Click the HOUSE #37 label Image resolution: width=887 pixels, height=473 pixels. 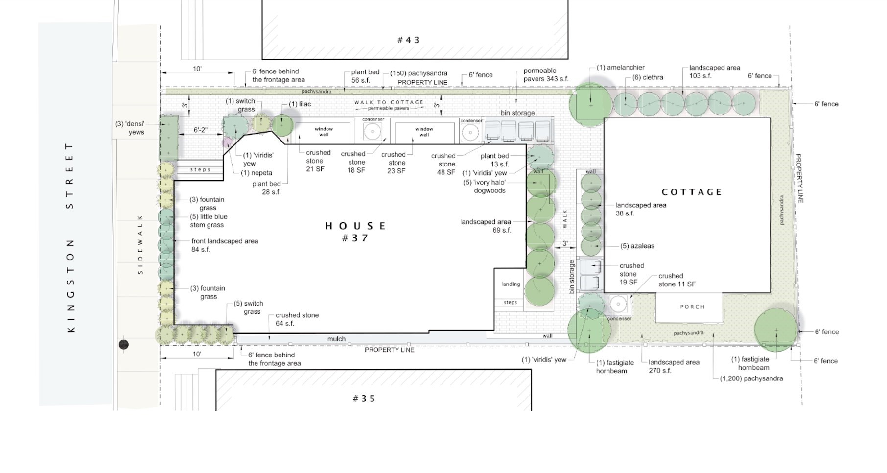click(x=356, y=232)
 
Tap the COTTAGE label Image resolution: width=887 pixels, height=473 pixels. click(x=692, y=192)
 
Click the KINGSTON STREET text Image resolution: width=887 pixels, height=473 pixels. click(x=70, y=238)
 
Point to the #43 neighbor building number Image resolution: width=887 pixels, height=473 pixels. click(x=408, y=40)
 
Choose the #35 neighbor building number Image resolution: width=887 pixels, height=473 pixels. click(x=364, y=398)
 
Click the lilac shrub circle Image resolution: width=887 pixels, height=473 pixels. click(x=282, y=125)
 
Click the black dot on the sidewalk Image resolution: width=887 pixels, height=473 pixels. click(x=124, y=345)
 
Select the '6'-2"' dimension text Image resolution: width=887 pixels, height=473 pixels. click(x=200, y=130)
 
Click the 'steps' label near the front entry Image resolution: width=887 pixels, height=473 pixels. click(x=200, y=170)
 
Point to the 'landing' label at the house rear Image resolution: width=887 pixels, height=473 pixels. click(x=511, y=284)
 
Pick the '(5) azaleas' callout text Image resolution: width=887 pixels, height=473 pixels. click(x=637, y=246)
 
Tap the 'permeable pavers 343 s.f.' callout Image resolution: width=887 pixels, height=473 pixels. click(x=546, y=74)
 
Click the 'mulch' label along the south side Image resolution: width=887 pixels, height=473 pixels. click(x=336, y=339)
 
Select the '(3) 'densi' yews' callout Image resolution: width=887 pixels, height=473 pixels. click(x=130, y=128)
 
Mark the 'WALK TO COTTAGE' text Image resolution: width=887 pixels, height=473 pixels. click(x=389, y=102)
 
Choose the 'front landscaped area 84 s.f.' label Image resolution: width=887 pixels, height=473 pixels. click(x=225, y=245)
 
